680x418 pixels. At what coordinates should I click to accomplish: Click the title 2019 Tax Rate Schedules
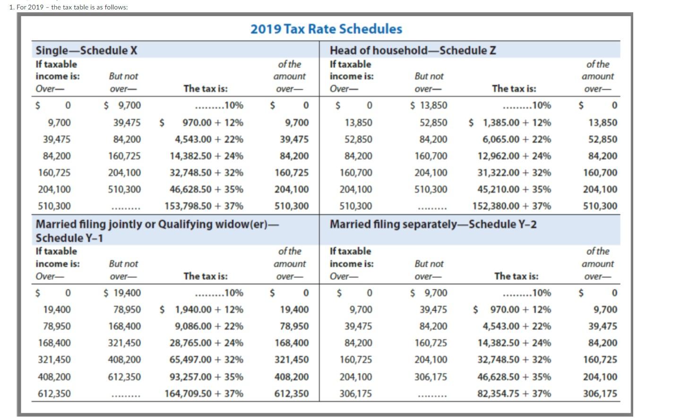(326, 29)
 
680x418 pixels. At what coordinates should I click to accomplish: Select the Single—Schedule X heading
(86, 51)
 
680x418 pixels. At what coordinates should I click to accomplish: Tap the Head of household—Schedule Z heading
(413, 51)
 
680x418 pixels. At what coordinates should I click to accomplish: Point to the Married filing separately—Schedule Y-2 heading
(433, 224)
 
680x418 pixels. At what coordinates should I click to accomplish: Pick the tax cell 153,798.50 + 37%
(204, 206)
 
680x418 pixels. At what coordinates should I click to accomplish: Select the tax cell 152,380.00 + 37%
(511, 206)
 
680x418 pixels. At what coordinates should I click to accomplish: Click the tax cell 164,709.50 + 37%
(204, 393)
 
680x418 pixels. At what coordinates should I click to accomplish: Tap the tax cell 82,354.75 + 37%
(514, 393)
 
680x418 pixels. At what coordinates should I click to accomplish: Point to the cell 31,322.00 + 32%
(514, 173)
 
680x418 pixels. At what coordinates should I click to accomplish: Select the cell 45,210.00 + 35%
(514, 190)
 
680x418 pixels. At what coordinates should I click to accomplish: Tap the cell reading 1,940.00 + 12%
(208, 310)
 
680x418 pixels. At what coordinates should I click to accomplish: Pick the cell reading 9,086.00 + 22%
(208, 326)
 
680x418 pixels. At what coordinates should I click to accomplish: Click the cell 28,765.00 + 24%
(206, 343)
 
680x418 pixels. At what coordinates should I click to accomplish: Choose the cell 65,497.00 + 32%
(206, 360)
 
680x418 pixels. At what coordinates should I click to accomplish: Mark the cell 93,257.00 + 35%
(206, 377)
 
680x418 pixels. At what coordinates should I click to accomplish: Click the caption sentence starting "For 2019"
(69, 7)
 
